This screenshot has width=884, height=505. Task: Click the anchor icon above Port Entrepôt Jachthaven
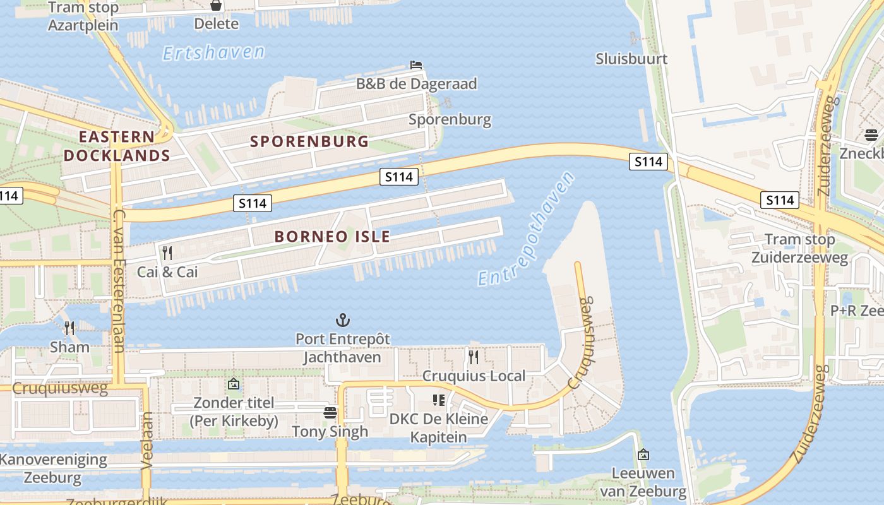pyautogui.click(x=343, y=320)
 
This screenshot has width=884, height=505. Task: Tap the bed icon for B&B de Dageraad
pyautogui.click(x=416, y=65)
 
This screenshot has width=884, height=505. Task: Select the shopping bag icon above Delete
pyautogui.click(x=216, y=6)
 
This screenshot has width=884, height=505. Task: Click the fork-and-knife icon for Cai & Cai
pyautogui.click(x=167, y=253)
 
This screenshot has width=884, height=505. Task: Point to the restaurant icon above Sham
pyautogui.click(x=69, y=328)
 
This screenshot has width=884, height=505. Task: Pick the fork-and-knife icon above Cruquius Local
pyautogui.click(x=474, y=357)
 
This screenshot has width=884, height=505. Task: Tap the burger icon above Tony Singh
pyautogui.click(x=330, y=413)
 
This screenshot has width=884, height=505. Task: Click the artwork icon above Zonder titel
pyautogui.click(x=233, y=383)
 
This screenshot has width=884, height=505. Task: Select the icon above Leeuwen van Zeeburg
pyautogui.click(x=643, y=454)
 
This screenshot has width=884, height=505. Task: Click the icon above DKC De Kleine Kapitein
pyautogui.click(x=439, y=400)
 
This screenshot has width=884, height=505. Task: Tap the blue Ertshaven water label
pyautogui.click(x=213, y=52)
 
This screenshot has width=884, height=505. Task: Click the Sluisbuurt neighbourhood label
pyautogui.click(x=631, y=59)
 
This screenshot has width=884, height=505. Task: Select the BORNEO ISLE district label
pyautogui.click(x=332, y=237)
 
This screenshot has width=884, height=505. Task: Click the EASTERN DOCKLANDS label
pyautogui.click(x=117, y=146)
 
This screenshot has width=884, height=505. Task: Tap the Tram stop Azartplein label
pyautogui.click(x=83, y=16)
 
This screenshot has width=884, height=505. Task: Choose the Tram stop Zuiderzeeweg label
pyautogui.click(x=799, y=248)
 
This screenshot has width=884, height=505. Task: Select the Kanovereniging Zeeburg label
pyautogui.click(x=53, y=468)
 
